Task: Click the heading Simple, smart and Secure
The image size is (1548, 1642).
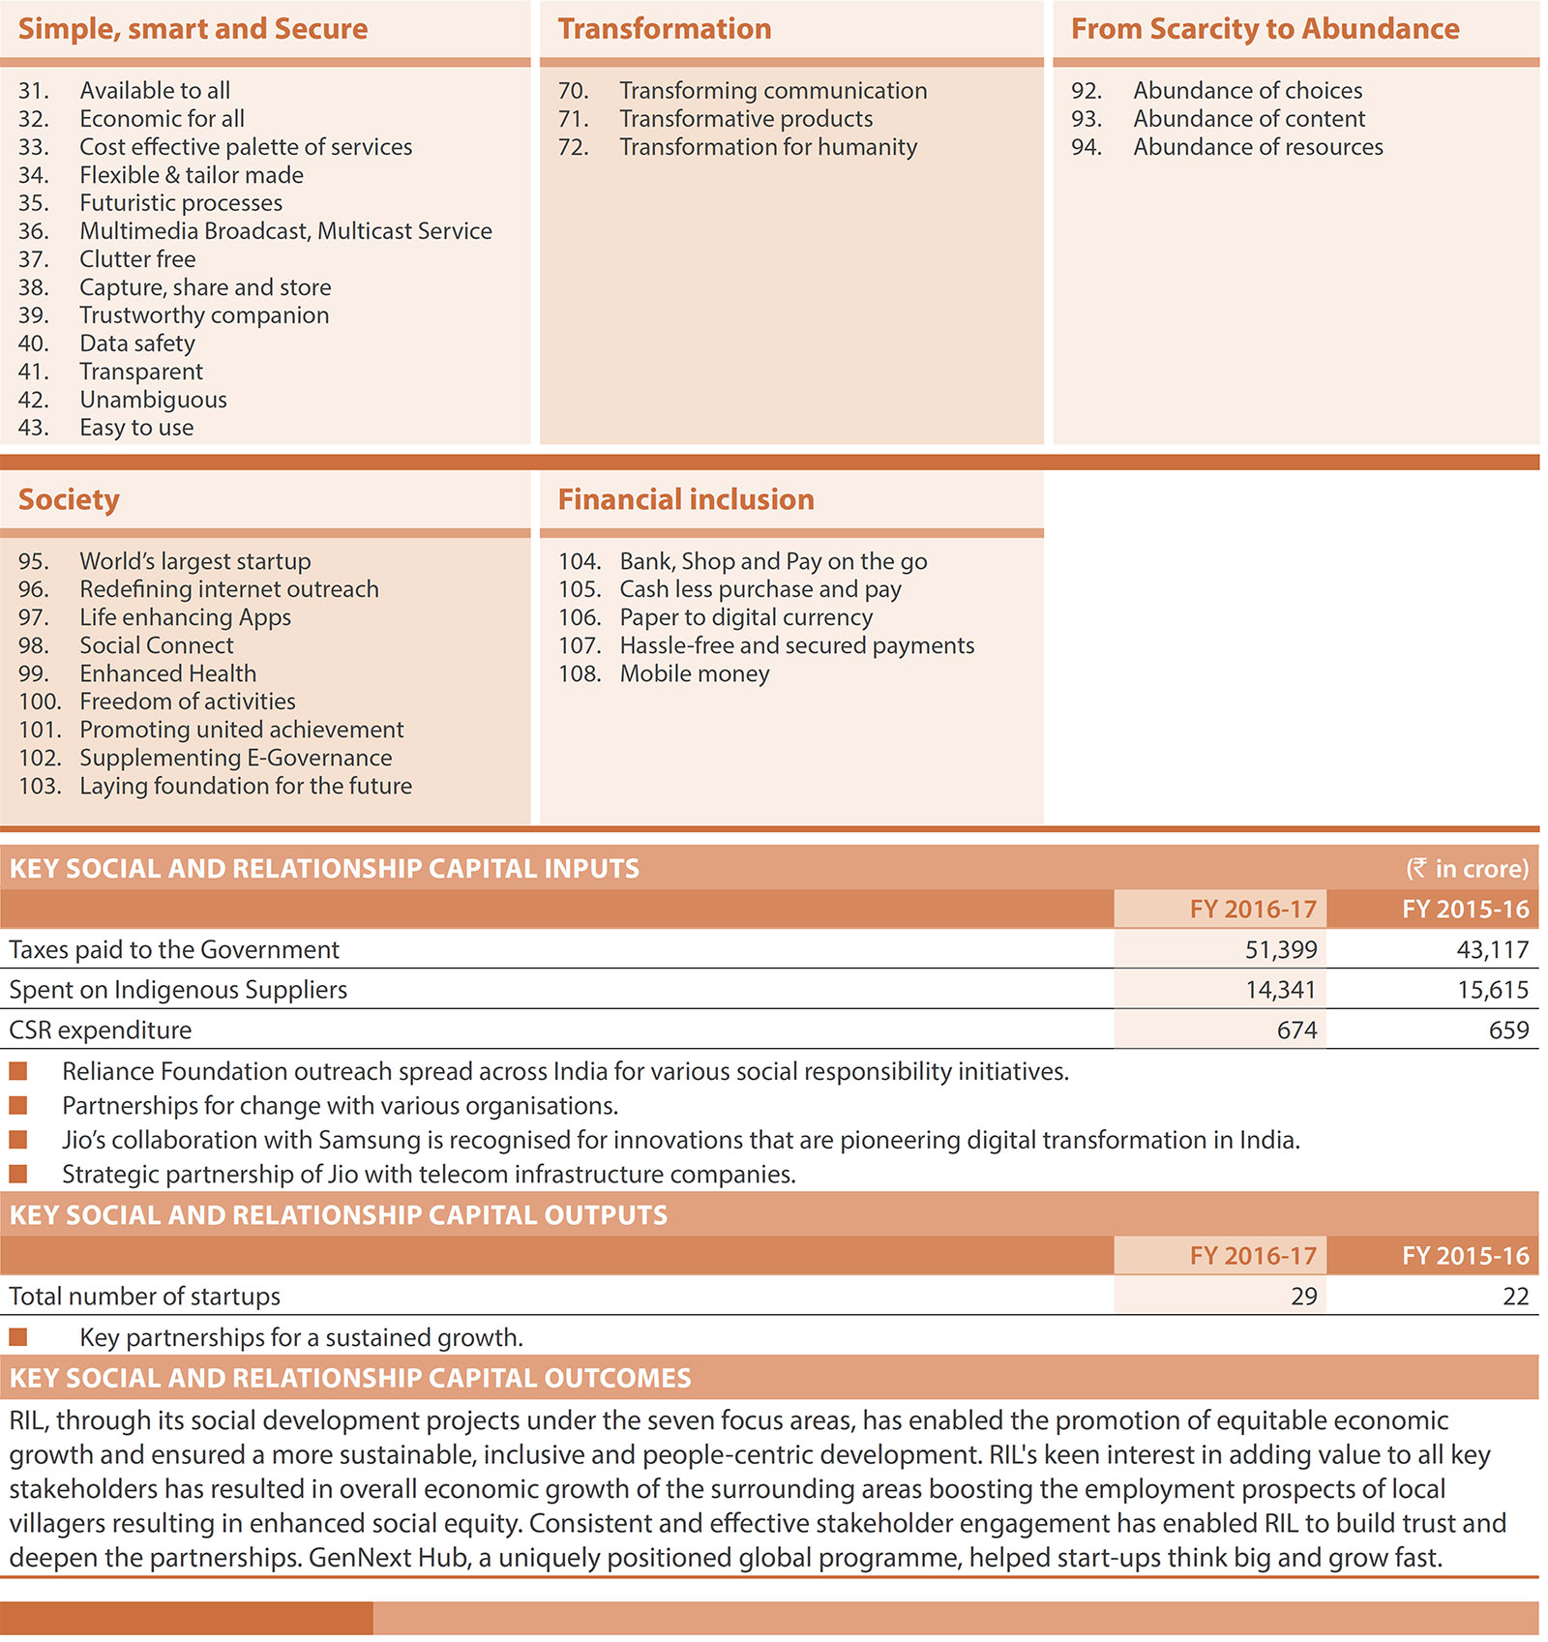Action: click(193, 29)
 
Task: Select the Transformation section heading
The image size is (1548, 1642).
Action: click(664, 29)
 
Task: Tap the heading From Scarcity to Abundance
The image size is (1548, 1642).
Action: click(1265, 29)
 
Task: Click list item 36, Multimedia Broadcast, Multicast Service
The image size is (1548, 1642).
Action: click(285, 231)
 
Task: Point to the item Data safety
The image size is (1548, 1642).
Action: click(137, 343)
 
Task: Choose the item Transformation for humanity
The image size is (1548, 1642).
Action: click(768, 147)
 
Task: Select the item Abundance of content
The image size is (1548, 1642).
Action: click(1249, 119)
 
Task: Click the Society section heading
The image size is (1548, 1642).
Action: click(69, 499)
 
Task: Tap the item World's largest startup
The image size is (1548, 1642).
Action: click(195, 561)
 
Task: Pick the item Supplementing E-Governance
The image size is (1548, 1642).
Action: click(236, 758)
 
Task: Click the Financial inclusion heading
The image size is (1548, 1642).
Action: click(686, 499)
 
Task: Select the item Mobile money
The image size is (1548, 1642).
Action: click(695, 673)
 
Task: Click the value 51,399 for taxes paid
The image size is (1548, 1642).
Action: click(1280, 949)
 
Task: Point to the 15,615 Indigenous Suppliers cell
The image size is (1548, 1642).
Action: click(1493, 990)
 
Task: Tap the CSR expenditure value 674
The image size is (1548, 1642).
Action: click(1296, 1030)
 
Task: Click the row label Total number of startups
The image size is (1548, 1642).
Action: click(145, 1296)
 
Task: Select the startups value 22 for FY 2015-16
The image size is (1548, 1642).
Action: click(1515, 1296)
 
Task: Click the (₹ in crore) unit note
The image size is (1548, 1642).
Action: click(1467, 868)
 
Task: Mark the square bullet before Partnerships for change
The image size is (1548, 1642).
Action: click(18, 1105)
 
